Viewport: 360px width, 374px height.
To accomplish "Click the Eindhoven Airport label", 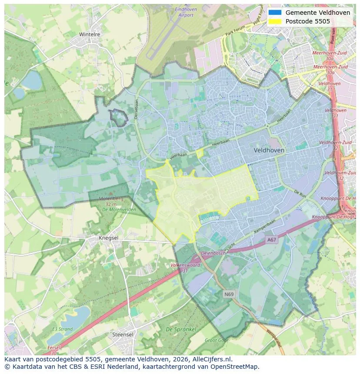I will [186, 12].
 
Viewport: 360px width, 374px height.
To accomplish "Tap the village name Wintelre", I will [90, 34].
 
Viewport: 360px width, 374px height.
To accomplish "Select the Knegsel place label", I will [108, 238].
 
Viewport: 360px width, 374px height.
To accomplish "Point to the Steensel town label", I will [123, 334].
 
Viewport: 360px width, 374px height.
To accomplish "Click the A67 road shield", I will [272, 239].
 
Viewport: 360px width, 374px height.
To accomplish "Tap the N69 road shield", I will [229, 294].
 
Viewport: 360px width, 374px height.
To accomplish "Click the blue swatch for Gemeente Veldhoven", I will [275, 13].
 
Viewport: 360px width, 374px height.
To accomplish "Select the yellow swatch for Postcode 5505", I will [275, 21].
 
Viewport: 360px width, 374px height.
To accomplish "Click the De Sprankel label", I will [181, 329].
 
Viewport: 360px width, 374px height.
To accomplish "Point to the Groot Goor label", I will [216, 341].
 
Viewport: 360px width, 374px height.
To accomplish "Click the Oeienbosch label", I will [213, 253].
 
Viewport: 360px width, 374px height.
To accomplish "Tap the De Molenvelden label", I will [119, 210].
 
